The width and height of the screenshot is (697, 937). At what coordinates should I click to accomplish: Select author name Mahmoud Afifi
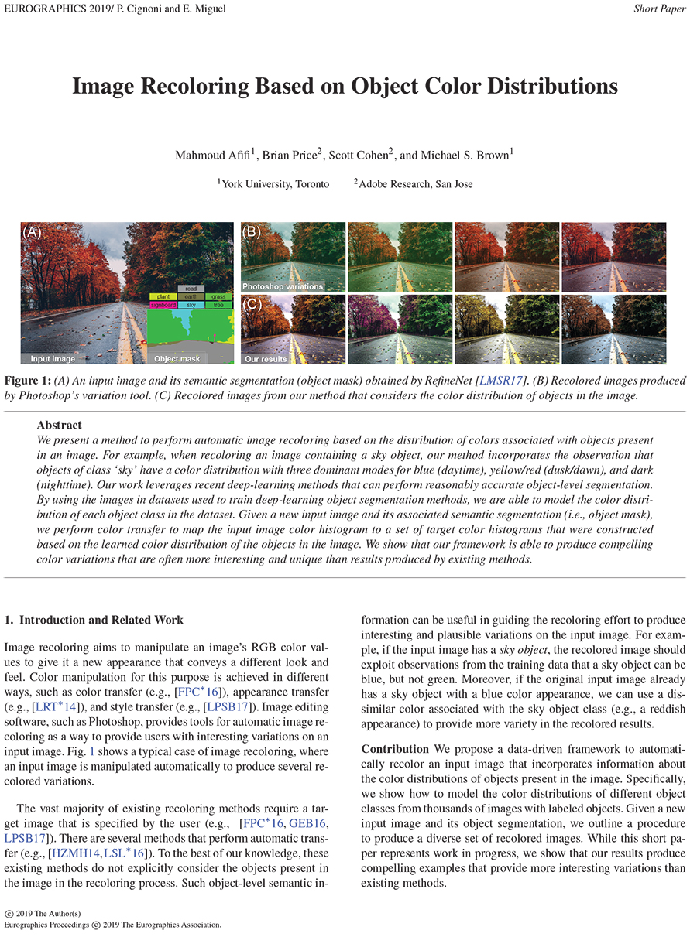click(x=211, y=155)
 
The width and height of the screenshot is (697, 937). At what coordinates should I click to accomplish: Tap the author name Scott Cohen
click(x=359, y=155)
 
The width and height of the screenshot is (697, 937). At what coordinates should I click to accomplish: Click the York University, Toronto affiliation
click(x=275, y=184)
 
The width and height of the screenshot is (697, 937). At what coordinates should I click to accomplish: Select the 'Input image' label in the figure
click(x=53, y=359)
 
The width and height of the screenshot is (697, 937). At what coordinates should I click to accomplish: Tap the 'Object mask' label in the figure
click(x=177, y=359)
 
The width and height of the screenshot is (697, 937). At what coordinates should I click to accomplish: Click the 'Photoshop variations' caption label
click(x=282, y=286)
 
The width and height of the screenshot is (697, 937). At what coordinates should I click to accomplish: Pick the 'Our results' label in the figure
click(x=265, y=359)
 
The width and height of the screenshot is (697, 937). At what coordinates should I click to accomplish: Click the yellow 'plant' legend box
click(x=163, y=296)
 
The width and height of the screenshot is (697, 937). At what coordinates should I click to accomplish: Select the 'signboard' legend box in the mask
click(x=163, y=306)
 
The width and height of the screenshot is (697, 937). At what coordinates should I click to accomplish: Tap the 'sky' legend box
click(x=191, y=306)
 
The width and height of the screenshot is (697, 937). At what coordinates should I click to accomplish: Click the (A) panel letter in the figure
click(x=32, y=231)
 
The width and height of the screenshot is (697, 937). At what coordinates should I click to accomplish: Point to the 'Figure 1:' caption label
click(x=28, y=381)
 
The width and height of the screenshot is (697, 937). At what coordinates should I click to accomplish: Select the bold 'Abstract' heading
click(x=59, y=425)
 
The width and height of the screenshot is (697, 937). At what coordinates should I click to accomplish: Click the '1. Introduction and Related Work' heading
click(x=94, y=620)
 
